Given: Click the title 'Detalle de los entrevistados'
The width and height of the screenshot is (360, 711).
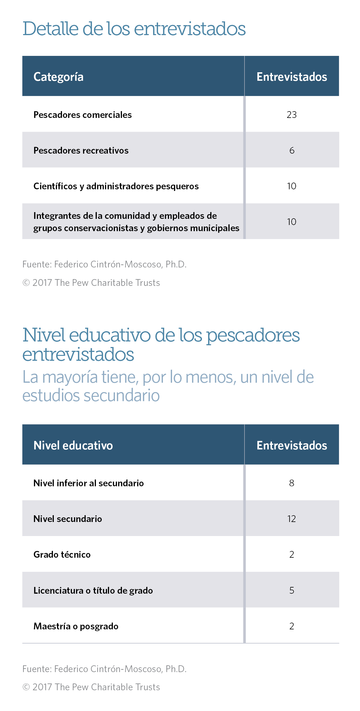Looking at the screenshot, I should pyautogui.click(x=134, y=29).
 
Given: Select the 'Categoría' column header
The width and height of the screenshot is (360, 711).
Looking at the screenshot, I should pyautogui.click(x=58, y=77).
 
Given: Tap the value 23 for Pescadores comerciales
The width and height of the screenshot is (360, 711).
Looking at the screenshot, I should pyautogui.click(x=292, y=115).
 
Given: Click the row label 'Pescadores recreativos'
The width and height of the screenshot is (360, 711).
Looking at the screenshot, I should pyautogui.click(x=81, y=150).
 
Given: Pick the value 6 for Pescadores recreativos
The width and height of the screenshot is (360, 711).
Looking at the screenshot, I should pyautogui.click(x=292, y=150).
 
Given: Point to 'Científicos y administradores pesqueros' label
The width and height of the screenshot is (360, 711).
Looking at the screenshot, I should pyautogui.click(x=116, y=186).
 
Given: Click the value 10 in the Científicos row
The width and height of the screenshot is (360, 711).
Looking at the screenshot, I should pyautogui.click(x=292, y=186).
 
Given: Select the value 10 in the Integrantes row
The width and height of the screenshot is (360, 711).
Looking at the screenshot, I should pyautogui.click(x=292, y=222).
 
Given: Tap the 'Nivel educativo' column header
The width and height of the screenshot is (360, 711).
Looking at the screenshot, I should pyautogui.click(x=73, y=445).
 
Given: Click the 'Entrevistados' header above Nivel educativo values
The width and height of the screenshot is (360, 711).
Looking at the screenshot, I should pyautogui.click(x=292, y=445).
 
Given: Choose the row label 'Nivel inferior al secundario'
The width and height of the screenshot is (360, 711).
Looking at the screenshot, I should pyautogui.click(x=89, y=483).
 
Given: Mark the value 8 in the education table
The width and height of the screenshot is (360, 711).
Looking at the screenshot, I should pyautogui.click(x=292, y=483).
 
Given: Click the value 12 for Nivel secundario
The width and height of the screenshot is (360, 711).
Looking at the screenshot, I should pyautogui.click(x=292, y=519).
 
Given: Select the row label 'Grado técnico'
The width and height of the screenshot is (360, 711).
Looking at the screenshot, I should pyautogui.click(x=62, y=554).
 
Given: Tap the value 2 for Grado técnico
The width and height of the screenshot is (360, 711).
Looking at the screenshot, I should pyautogui.click(x=292, y=554).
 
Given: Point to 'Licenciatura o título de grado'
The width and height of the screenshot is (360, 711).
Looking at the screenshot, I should pyautogui.click(x=93, y=590).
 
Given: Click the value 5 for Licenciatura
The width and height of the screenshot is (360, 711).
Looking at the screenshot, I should pyautogui.click(x=292, y=590).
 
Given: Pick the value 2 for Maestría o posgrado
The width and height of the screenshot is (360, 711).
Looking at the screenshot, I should pyautogui.click(x=292, y=626).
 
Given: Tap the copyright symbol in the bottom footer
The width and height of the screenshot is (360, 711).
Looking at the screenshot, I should pyautogui.click(x=26, y=687).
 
